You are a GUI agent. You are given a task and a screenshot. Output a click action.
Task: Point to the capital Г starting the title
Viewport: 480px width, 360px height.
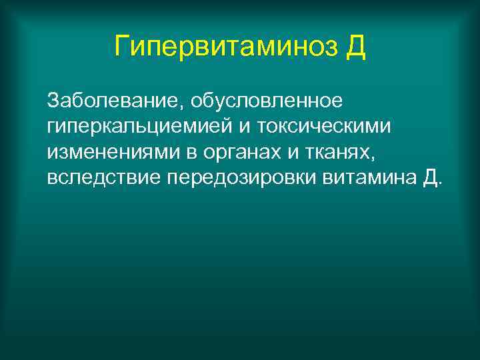coord(121,47)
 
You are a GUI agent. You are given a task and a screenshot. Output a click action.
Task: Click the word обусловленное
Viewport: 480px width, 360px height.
coord(267,101)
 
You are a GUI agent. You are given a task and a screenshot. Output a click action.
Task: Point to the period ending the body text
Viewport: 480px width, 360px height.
coord(439,184)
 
